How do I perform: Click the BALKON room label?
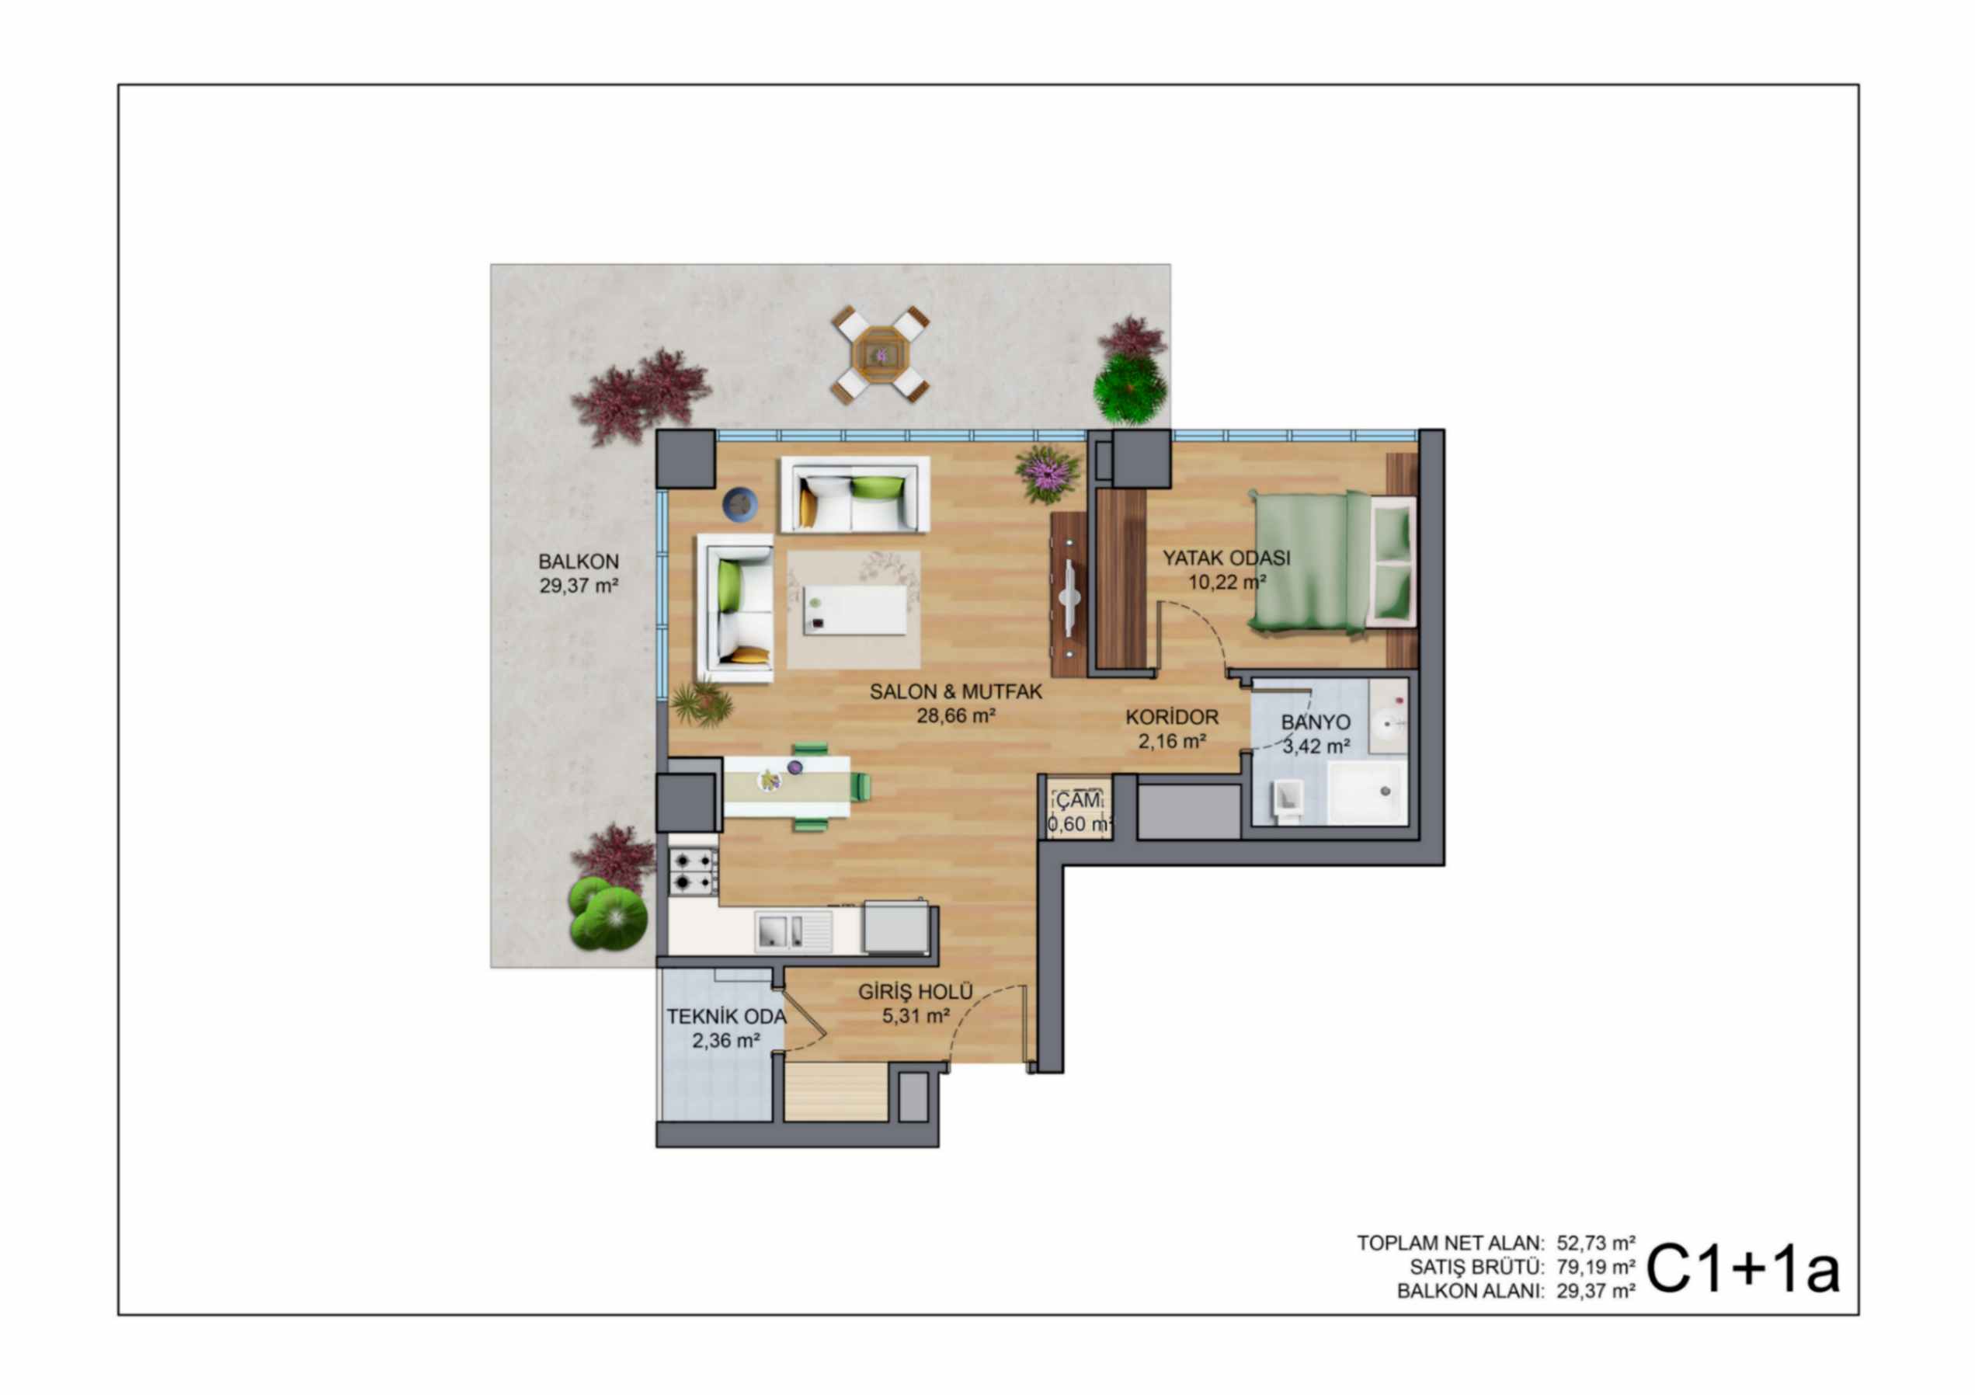tap(578, 562)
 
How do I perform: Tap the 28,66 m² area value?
tap(956, 715)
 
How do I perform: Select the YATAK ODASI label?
tap(1226, 558)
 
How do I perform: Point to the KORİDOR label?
tap(1172, 717)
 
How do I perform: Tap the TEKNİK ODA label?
tap(726, 1017)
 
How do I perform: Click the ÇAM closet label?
tap(1078, 801)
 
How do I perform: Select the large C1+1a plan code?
tap(1743, 1269)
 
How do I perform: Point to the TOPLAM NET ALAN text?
tap(1450, 1243)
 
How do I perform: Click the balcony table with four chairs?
tap(880, 353)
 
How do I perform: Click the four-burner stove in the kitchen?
tap(694, 871)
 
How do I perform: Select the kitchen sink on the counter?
tap(793, 932)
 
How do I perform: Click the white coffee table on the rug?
tap(855, 610)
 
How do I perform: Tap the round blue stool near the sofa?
tap(740, 504)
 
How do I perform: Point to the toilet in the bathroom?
tap(1288, 802)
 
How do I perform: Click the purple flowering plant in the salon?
tap(1047, 473)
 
